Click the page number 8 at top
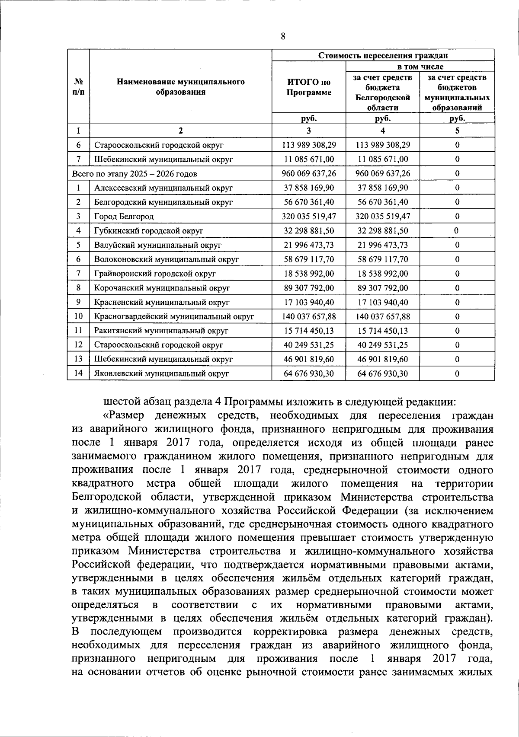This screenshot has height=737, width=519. (x=283, y=36)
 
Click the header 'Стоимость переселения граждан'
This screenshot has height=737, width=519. (x=383, y=55)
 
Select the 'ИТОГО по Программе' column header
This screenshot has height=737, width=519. (x=309, y=87)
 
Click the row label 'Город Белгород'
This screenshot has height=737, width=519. (x=124, y=216)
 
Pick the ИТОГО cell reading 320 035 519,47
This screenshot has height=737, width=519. (x=309, y=216)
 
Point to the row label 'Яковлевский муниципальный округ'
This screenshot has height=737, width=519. (x=161, y=373)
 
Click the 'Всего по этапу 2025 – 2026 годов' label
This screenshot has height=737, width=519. (x=135, y=174)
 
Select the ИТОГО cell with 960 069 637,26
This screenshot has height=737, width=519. (x=309, y=174)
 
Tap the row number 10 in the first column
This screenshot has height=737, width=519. (x=78, y=316)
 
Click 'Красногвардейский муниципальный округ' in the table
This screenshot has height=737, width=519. (x=174, y=316)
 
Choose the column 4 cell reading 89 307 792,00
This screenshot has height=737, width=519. (x=383, y=288)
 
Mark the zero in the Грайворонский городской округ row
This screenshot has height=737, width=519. (x=457, y=274)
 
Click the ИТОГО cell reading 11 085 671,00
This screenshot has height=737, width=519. (x=309, y=159)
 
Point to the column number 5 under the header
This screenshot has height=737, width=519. (x=457, y=131)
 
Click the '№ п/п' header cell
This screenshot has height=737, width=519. (x=78, y=87)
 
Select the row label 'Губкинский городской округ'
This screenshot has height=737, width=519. (x=149, y=231)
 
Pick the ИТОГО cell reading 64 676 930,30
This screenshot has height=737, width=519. (x=309, y=373)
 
